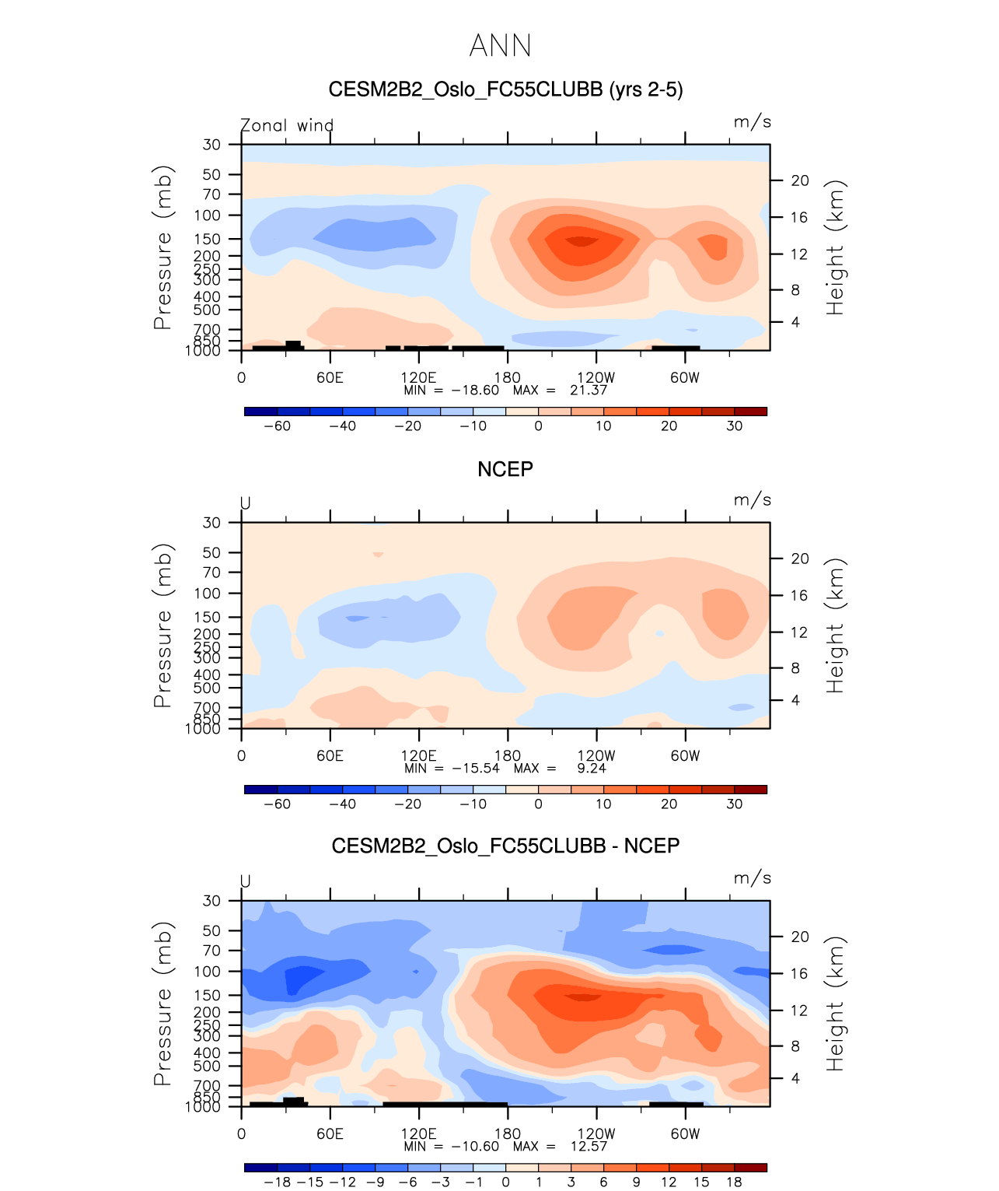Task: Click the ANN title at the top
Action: click(501, 46)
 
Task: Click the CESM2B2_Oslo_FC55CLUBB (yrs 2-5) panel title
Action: click(505, 89)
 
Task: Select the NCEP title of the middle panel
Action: click(505, 469)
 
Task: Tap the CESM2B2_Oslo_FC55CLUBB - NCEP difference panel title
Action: click(505, 846)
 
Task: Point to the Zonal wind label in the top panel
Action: click(287, 125)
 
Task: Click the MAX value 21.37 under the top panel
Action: click(588, 390)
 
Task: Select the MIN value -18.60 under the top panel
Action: click(475, 390)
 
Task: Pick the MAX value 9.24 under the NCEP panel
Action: click(592, 768)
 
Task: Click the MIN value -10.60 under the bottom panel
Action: click(475, 1146)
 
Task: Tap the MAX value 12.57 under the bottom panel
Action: click(588, 1146)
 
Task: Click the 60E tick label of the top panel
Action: click(330, 377)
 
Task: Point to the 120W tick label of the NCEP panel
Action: click(596, 755)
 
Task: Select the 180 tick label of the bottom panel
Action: click(508, 1133)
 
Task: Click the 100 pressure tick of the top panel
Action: click(208, 215)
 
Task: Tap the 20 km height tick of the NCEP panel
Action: click(800, 559)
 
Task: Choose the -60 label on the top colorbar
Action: click(277, 426)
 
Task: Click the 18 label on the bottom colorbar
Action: click(734, 1182)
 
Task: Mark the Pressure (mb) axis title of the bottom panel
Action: click(162, 1004)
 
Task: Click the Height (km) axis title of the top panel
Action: click(835, 247)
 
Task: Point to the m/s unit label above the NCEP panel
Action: click(752, 500)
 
